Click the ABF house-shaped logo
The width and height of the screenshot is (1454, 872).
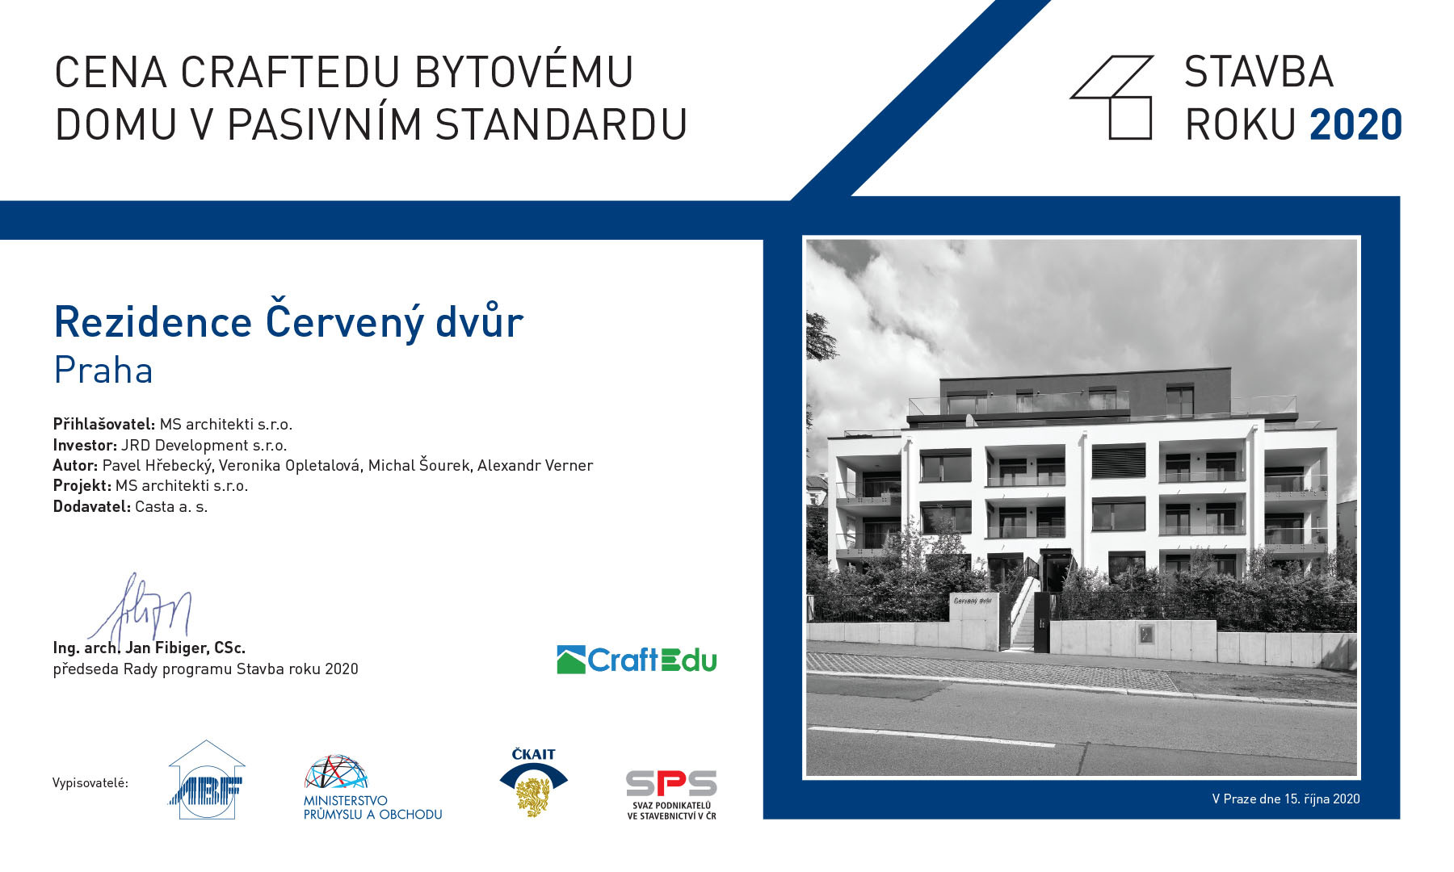pos(207,781)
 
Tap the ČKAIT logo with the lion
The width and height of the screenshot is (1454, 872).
pos(533,782)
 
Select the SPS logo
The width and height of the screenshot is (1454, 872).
pos(671,794)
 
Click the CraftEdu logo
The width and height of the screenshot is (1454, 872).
pos(637,660)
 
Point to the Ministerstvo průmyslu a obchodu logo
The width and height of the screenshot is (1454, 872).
pos(372,787)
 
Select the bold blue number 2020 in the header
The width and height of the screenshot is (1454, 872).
pos(1355,124)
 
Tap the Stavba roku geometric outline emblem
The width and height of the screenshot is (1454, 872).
pos(1112,97)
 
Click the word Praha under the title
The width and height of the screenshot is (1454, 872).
pos(103,371)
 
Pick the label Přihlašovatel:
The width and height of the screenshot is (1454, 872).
pos(104,424)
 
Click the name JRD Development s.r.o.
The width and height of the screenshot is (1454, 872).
pos(204,445)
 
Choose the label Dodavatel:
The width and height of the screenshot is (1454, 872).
pos(91,506)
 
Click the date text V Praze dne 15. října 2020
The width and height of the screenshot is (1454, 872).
pos(1286,799)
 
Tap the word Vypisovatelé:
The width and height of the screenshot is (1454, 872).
pos(90,782)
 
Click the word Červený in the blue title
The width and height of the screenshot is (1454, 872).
pos(345,321)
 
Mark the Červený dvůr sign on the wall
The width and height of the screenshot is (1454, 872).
pos(973,601)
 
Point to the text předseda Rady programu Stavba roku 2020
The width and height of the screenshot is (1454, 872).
pos(205,669)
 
